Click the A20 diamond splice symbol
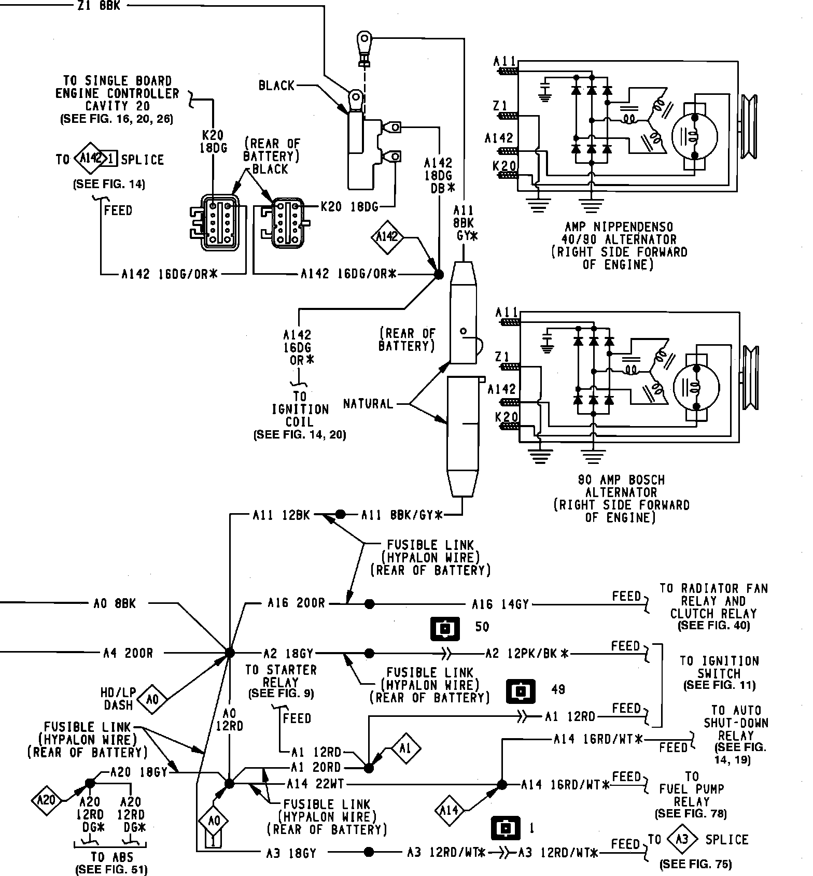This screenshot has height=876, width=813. coord(47,801)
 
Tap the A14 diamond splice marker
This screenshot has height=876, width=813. coord(450,809)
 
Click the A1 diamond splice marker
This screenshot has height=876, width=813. coord(405,748)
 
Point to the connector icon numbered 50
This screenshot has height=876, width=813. coord(445,629)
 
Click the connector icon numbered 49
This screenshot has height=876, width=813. coord(520,691)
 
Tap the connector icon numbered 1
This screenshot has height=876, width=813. coord(506,828)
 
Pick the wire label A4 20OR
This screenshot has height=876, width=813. coord(128,653)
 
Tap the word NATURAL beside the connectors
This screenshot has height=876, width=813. coord(368,403)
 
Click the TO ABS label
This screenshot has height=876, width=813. coord(111,857)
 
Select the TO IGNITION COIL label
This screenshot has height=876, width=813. coord(300,409)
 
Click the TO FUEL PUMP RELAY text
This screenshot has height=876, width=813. coord(692,789)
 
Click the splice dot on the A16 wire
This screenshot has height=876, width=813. coord(369,604)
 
